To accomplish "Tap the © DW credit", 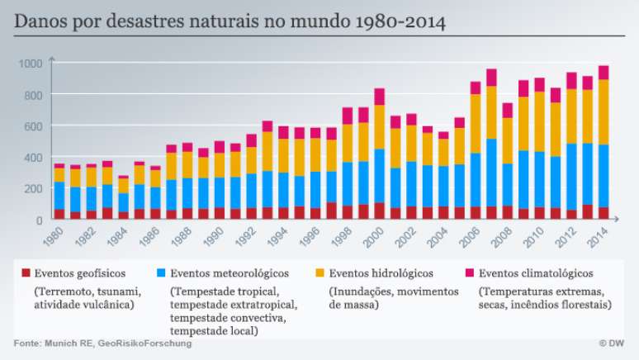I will (613, 343).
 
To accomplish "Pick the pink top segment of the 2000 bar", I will (380, 97).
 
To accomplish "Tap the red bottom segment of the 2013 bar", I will (588, 212).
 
